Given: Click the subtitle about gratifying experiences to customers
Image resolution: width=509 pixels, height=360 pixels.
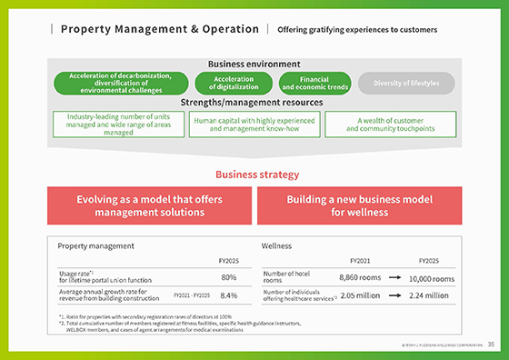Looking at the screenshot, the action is [x=357, y=30].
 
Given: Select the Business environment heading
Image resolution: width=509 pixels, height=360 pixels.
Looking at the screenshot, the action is [x=254, y=64].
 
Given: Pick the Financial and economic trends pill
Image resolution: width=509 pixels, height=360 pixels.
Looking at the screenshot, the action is [x=314, y=84].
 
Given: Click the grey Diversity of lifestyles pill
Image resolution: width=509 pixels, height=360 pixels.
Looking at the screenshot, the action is [x=405, y=84].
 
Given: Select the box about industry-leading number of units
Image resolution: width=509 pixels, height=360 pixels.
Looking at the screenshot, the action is [x=117, y=124].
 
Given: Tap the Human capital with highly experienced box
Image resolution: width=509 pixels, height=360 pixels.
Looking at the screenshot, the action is [x=254, y=124].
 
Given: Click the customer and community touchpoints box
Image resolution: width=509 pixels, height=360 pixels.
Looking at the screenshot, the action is [x=390, y=124].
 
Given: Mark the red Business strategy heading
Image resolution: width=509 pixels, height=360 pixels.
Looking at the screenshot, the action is [x=254, y=174].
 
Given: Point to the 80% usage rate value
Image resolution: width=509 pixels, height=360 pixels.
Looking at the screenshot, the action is [x=229, y=277].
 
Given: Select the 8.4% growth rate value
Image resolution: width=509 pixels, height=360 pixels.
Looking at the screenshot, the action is [x=229, y=295].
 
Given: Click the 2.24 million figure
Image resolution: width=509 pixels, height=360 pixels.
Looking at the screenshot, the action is [x=429, y=295].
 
